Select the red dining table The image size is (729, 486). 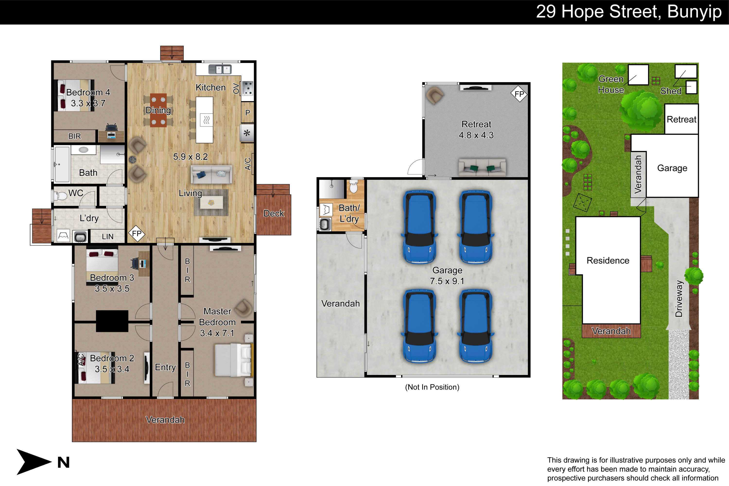point(158,110)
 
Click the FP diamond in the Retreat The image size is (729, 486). point(519,94)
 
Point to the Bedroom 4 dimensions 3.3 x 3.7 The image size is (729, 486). point(88,103)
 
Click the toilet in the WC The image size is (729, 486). point(61,196)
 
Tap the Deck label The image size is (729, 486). point(274,213)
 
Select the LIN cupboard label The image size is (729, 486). point(108,236)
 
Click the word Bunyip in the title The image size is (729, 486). point(694,12)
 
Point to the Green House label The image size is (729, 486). point(611,84)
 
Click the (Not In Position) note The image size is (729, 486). point(432,387)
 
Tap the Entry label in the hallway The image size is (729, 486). point(165,367)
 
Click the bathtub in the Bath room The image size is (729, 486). point(62,164)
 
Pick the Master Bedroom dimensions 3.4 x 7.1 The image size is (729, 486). point(217,333)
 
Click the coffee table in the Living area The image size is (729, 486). point(211,203)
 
